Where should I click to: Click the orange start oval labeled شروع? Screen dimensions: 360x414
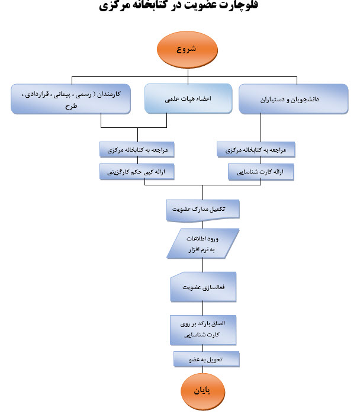(187, 50)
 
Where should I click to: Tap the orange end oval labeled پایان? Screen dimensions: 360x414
(202, 391)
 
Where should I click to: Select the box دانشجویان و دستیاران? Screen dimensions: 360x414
(294, 99)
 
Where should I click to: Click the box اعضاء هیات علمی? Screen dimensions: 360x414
(188, 98)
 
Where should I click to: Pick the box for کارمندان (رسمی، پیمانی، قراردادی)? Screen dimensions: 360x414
(70, 99)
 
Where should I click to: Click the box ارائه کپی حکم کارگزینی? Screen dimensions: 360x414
(137, 172)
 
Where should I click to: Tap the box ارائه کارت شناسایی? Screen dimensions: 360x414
(261, 172)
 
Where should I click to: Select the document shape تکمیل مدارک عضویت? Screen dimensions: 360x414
(202, 210)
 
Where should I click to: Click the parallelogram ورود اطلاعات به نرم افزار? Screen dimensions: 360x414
(202, 243)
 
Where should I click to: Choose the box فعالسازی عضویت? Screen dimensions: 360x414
(203, 287)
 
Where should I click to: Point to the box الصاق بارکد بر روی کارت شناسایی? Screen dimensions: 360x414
(203, 330)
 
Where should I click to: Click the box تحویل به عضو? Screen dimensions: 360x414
(207, 359)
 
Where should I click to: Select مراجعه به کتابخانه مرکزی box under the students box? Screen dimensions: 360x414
(256, 150)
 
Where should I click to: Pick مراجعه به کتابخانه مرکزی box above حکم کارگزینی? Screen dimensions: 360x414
(137, 150)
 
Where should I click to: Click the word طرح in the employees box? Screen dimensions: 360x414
(71, 106)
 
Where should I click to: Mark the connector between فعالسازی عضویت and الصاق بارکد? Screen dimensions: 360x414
(202, 309)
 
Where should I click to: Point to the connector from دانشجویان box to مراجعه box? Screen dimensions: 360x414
(261, 128)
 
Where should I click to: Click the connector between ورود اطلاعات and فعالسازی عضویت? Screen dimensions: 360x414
(202, 265)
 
